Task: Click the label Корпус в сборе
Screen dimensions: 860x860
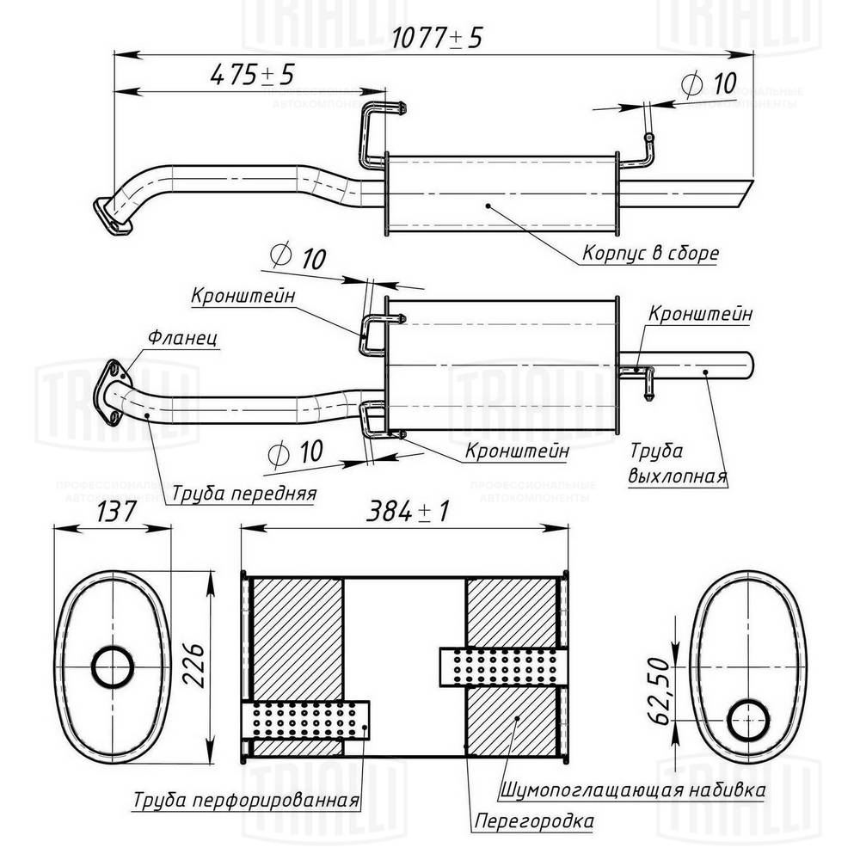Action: point(650,254)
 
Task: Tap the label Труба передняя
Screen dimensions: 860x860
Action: point(243,494)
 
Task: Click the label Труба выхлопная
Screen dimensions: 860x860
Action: point(678,464)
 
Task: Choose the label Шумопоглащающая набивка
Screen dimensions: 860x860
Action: point(630,789)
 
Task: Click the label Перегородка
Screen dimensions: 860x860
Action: point(533,821)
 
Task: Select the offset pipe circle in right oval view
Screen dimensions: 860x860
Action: point(747,719)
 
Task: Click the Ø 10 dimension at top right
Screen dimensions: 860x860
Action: point(707,83)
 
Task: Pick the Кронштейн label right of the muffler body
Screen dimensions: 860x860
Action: point(701,314)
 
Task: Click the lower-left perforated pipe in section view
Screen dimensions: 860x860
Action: point(305,719)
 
